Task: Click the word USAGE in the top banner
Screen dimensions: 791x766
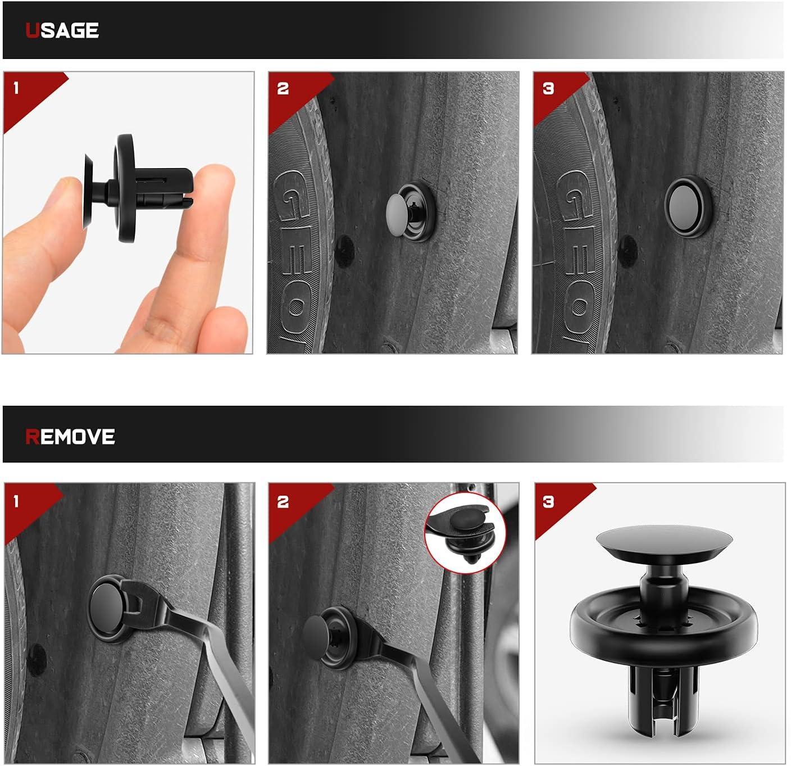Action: pyautogui.click(x=62, y=30)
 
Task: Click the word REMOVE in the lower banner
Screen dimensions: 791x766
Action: pyautogui.click(x=70, y=437)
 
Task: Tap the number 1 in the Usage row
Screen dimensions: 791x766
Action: pyautogui.click(x=16, y=88)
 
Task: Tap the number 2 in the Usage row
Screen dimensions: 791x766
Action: pyautogui.click(x=283, y=88)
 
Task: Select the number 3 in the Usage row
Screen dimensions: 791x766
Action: pyautogui.click(x=548, y=88)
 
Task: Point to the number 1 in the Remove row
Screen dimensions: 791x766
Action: pyautogui.click(x=16, y=501)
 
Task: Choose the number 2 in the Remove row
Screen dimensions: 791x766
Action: pyautogui.click(x=283, y=502)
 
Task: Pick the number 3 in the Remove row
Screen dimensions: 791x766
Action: pyautogui.click(x=548, y=502)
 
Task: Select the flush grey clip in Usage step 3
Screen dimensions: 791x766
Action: pyautogui.click(x=689, y=207)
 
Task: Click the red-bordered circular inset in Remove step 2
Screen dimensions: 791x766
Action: pyautogui.click(x=465, y=533)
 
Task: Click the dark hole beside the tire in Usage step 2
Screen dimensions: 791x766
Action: pyautogui.click(x=344, y=251)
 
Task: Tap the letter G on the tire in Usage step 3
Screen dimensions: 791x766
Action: pyautogui.click(x=573, y=195)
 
